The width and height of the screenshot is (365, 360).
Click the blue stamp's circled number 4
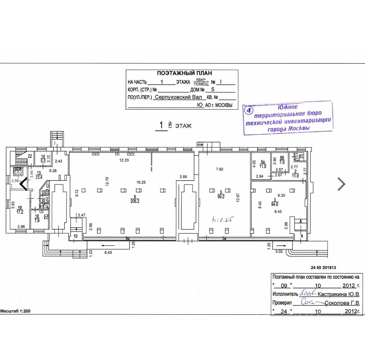tap(249, 110)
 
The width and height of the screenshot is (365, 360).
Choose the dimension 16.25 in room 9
tap(142, 182)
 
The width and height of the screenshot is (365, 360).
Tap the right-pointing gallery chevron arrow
tap(342, 184)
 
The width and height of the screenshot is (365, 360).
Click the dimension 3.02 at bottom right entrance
tap(279, 251)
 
